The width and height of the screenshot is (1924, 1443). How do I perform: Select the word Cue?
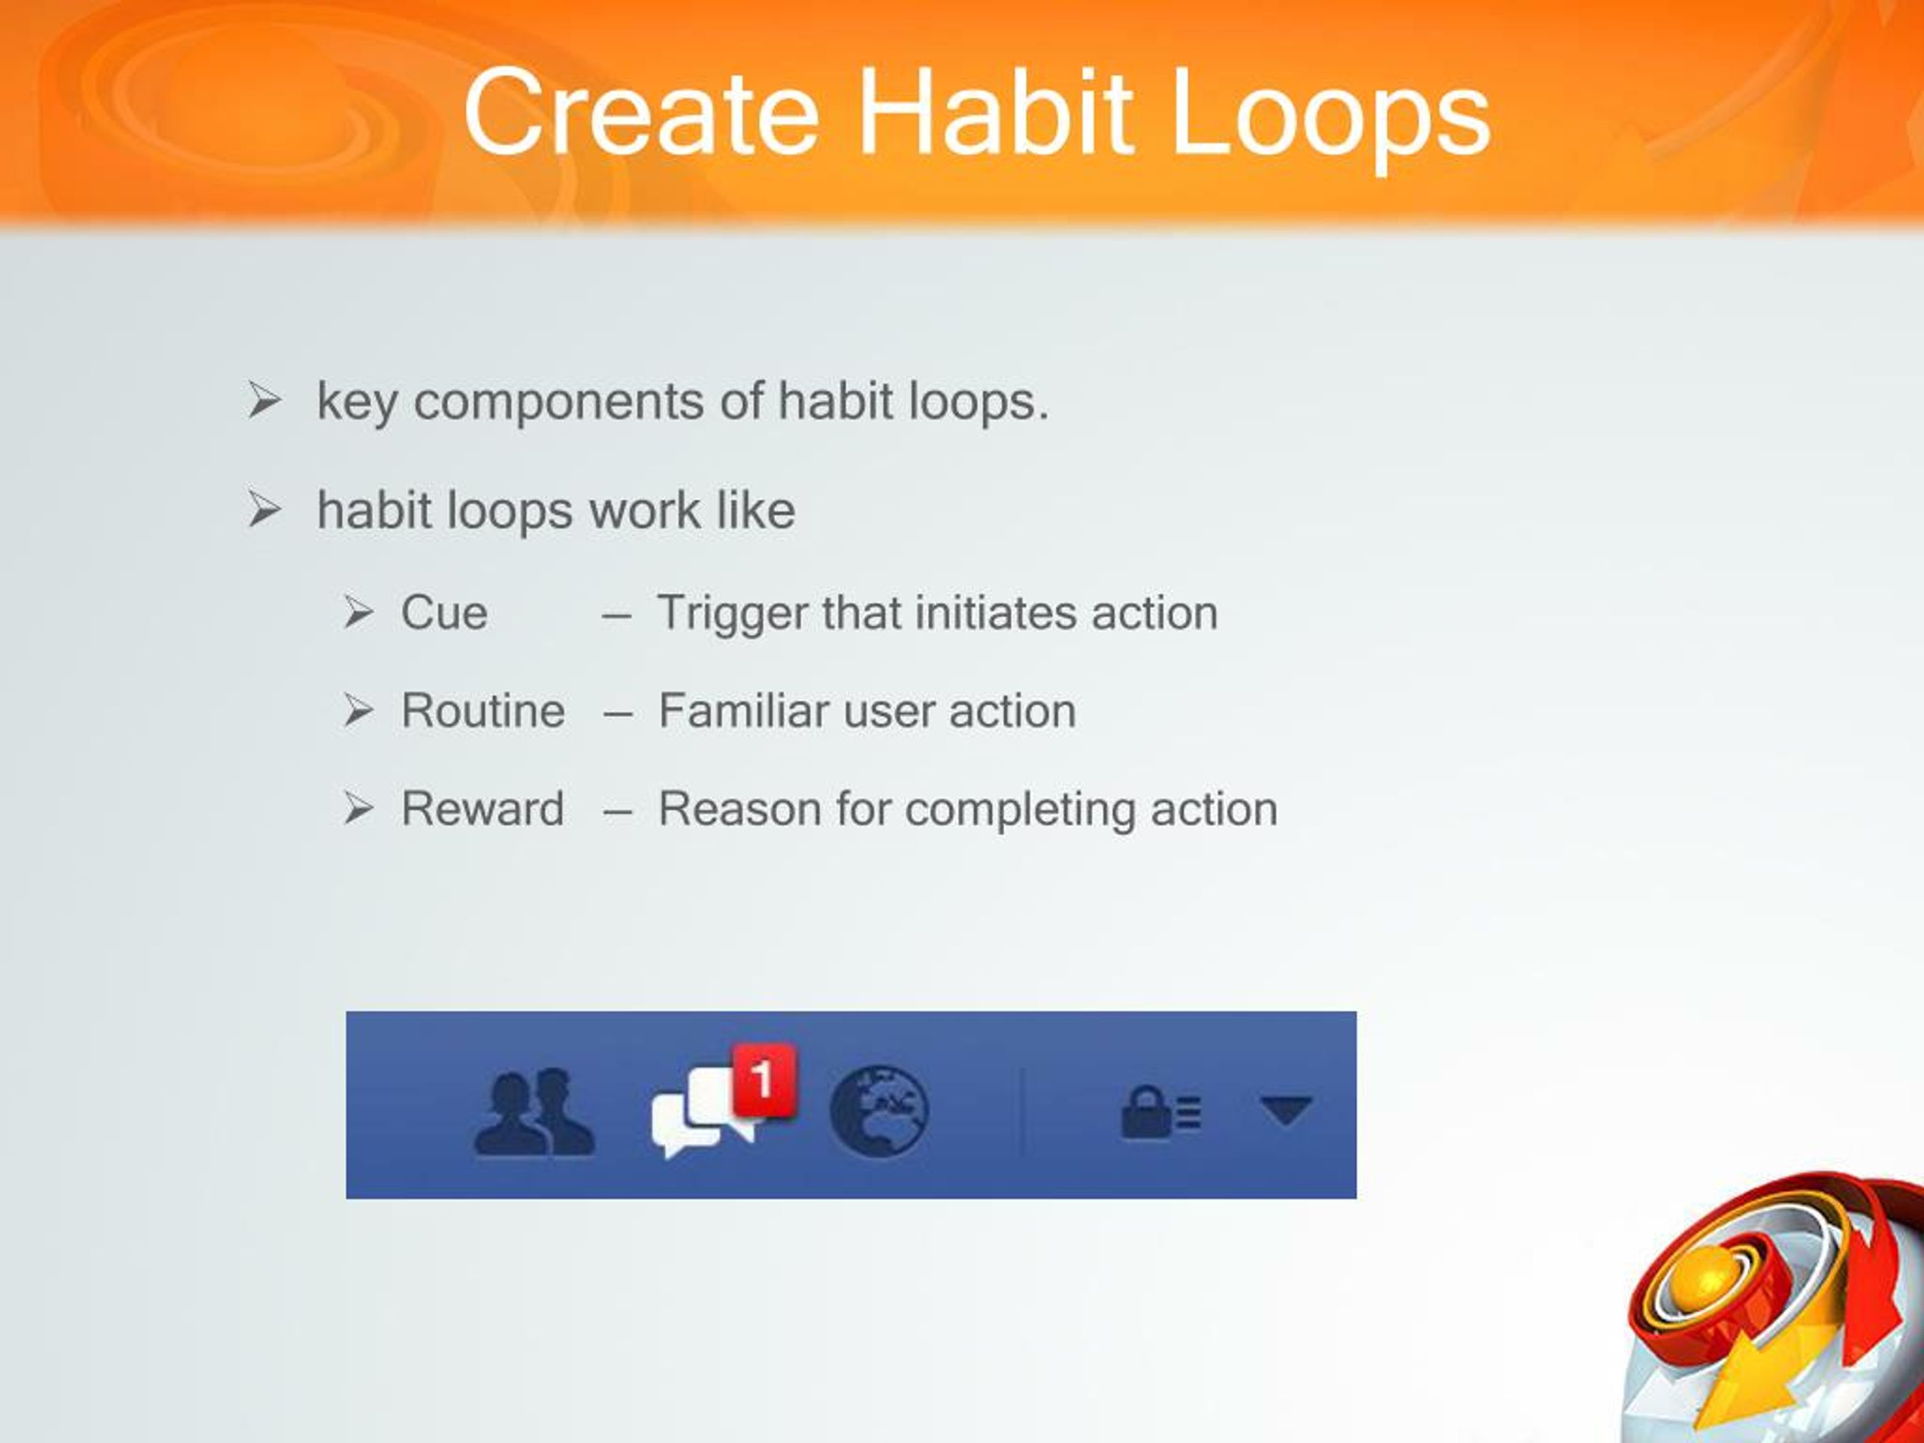[443, 613]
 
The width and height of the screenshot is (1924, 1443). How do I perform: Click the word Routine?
[483, 711]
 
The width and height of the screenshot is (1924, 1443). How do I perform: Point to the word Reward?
[483, 809]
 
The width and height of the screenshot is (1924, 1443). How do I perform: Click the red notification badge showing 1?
[763, 1079]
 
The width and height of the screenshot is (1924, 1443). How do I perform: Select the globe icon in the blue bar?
[879, 1112]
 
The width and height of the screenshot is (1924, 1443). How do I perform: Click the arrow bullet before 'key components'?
[264, 401]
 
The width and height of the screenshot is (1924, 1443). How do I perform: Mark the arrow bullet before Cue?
[357, 613]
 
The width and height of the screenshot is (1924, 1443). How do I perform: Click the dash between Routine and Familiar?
[617, 713]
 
